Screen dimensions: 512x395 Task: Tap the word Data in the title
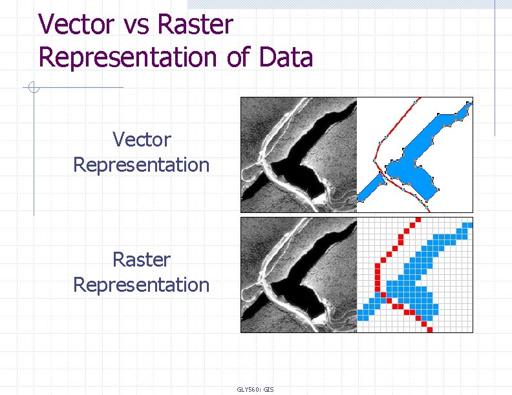(x=286, y=57)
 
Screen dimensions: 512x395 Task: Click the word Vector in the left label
(x=141, y=139)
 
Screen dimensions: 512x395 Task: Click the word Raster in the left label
(x=141, y=259)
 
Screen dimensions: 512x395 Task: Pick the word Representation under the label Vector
(x=141, y=165)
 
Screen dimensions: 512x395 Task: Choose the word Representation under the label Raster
(x=141, y=285)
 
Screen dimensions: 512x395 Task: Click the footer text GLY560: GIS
(x=255, y=389)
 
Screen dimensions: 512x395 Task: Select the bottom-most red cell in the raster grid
(x=430, y=329)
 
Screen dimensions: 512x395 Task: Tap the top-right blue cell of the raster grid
(x=469, y=225)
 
